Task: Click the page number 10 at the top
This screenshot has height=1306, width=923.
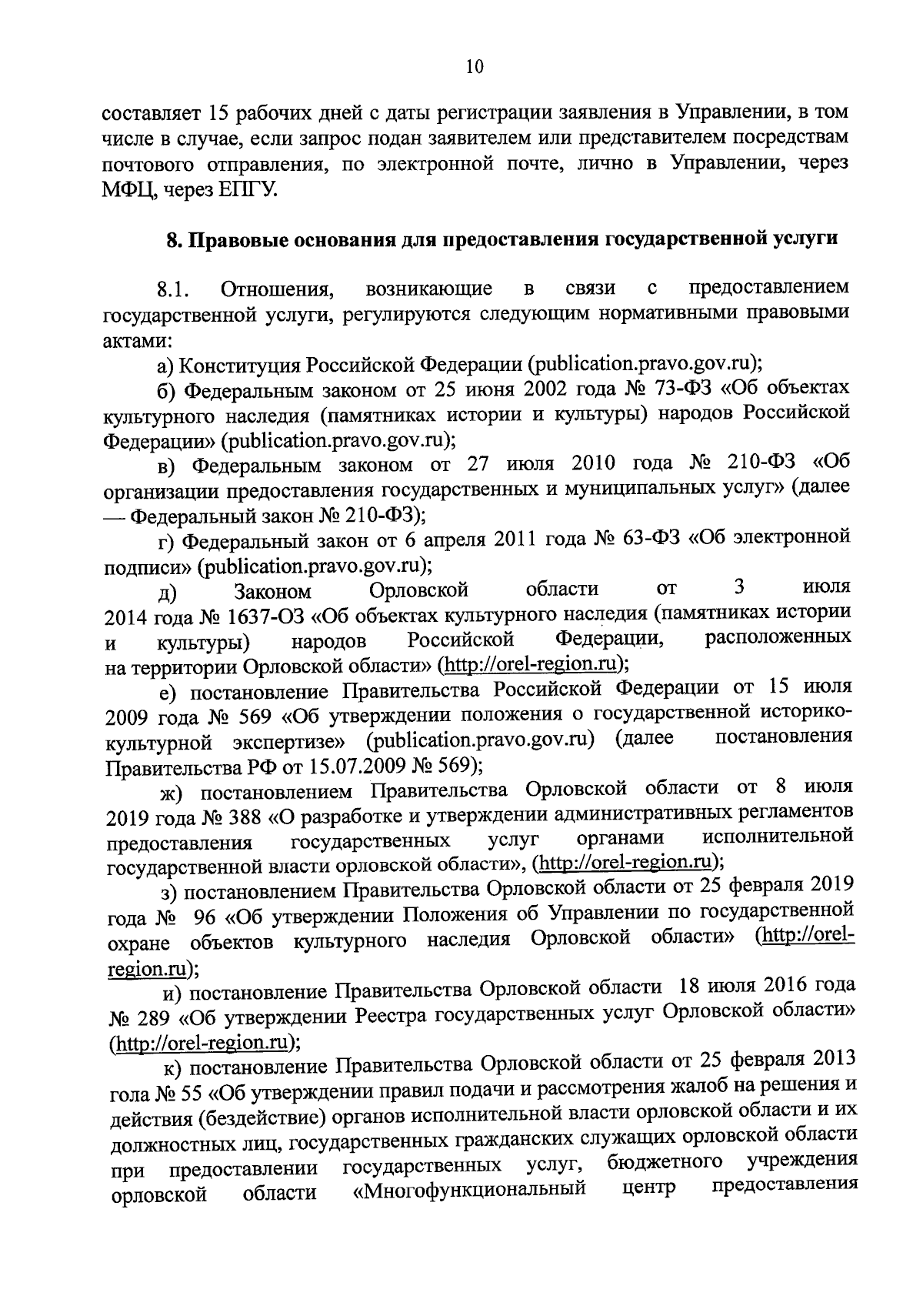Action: point(474,67)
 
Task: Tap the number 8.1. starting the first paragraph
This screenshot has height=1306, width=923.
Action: point(173,291)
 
